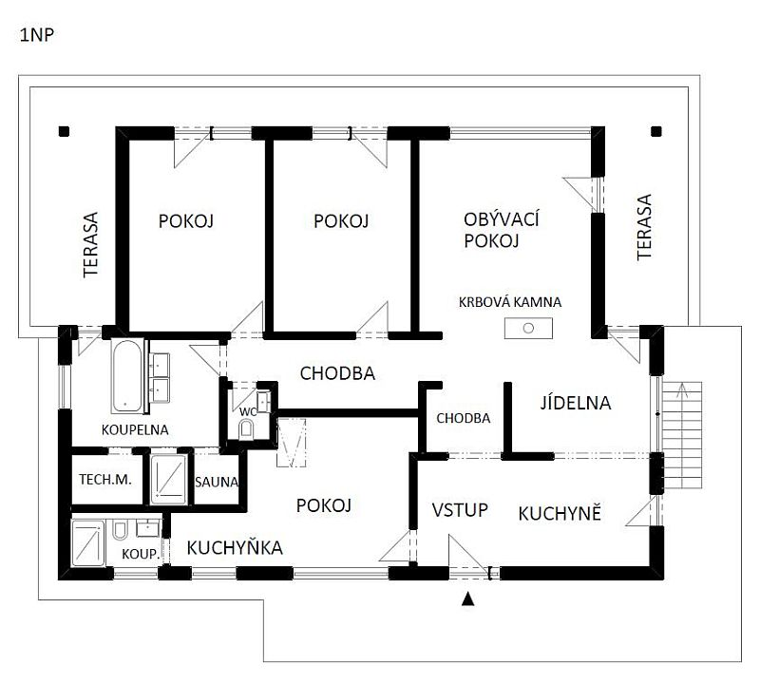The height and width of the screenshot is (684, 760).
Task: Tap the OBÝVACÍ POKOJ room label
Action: tap(502, 231)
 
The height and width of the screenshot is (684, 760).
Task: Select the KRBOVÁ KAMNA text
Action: tap(509, 302)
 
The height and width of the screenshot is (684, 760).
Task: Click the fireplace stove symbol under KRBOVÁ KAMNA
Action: tap(528, 328)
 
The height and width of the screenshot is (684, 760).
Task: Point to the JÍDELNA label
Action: tap(576, 402)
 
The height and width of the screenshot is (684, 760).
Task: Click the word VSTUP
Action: tap(460, 510)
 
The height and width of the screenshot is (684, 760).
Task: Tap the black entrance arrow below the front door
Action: tap(466, 598)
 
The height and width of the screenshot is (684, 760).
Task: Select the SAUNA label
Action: tap(217, 482)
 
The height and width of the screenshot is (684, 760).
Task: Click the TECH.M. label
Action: tap(104, 480)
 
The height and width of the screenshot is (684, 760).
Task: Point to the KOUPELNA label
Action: tap(135, 429)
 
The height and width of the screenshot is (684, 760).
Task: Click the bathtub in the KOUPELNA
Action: tap(125, 377)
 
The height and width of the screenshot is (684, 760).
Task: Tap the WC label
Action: tap(247, 411)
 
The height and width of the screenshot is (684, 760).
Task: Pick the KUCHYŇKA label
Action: tap(235, 547)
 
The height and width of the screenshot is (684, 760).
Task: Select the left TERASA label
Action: tap(91, 244)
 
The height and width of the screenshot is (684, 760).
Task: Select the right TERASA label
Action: tap(645, 227)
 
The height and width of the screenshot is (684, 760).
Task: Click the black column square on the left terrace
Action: tap(64, 132)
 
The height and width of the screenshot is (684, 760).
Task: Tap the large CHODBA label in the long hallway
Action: tap(337, 373)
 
